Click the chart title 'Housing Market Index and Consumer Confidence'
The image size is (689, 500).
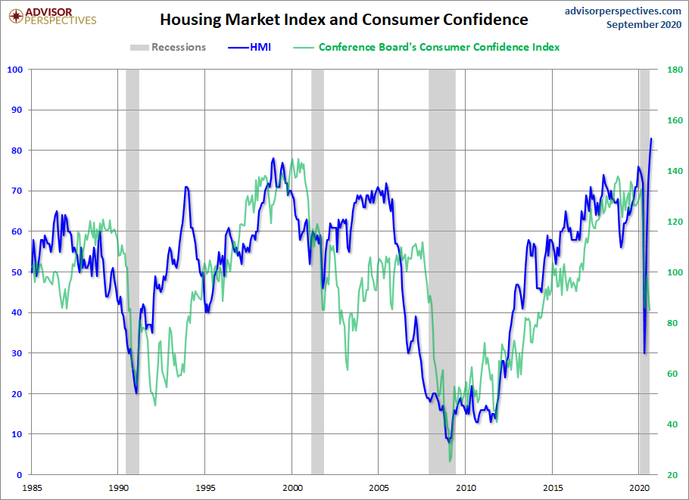coord(344,20)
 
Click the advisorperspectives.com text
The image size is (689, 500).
coord(622,11)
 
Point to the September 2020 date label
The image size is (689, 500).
coord(644,25)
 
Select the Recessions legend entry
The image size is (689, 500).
coord(168,47)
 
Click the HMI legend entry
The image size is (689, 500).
coord(249,47)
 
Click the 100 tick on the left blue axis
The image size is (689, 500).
coord(14,70)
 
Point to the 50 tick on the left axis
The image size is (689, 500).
coord(17,272)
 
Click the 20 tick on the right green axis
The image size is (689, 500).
coord(672,475)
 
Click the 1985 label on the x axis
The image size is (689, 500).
coord(31,488)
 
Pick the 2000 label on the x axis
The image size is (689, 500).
coord(291,488)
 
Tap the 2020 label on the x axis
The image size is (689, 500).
coord(640,488)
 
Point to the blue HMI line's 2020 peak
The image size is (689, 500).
coord(651,138)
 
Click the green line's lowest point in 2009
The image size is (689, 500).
coord(450,460)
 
